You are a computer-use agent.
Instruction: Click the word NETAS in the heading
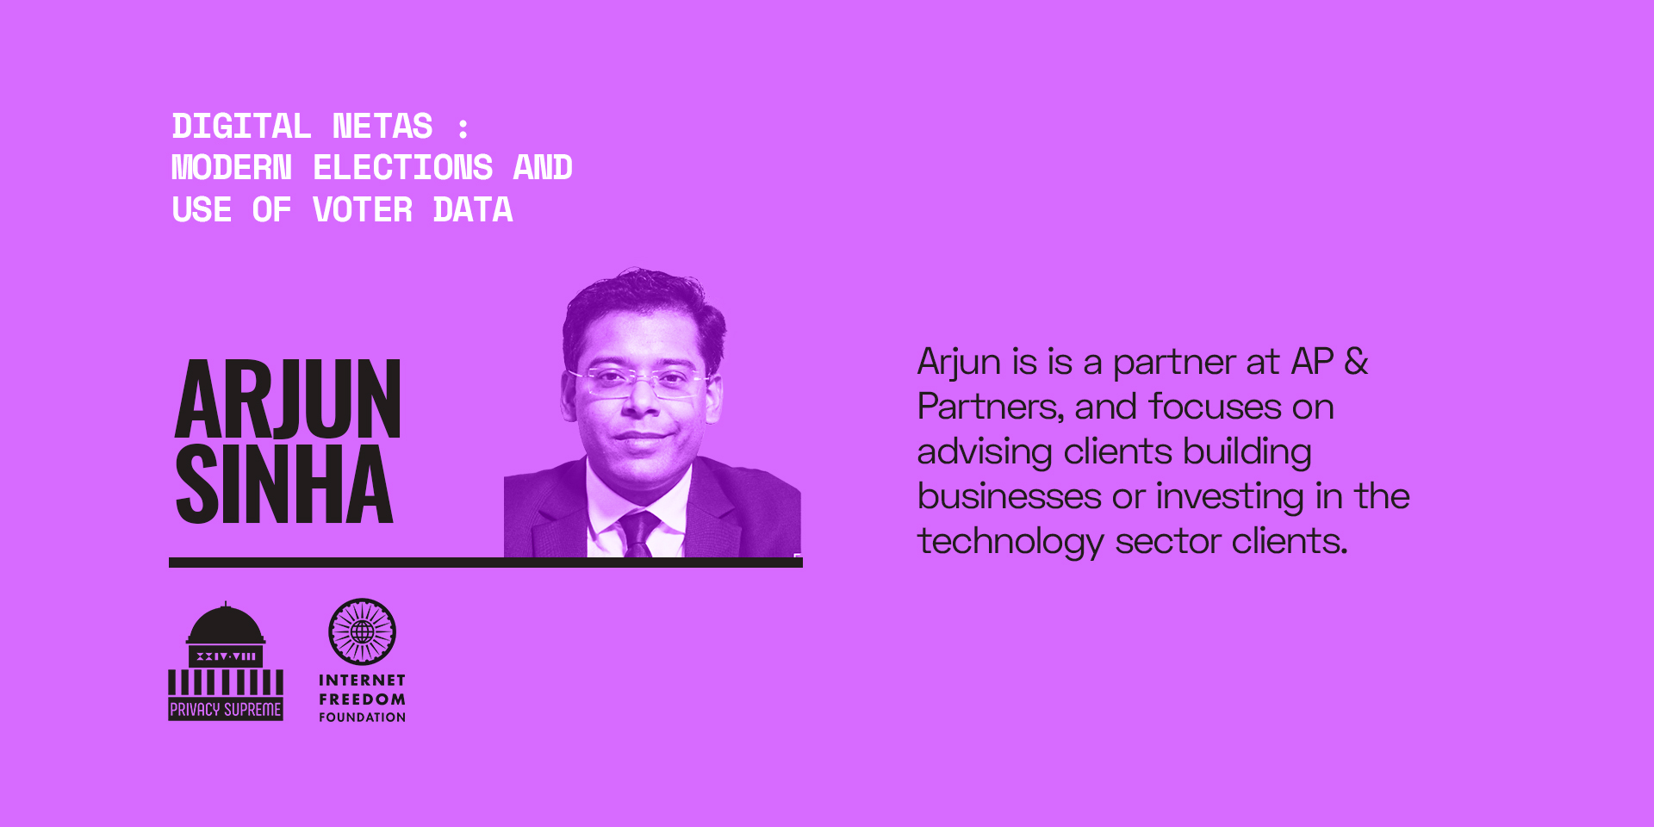click(x=382, y=127)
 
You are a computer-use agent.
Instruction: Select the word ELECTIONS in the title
click(x=403, y=168)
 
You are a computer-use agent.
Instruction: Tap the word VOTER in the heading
click(x=363, y=210)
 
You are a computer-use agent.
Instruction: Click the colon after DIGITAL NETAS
click(x=463, y=128)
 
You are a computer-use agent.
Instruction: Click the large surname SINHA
click(x=284, y=484)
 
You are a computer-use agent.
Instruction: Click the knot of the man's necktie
click(x=639, y=523)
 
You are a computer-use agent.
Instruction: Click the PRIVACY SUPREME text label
click(x=226, y=709)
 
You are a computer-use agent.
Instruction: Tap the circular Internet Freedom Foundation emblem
click(x=362, y=631)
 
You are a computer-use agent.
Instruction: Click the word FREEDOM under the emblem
click(x=362, y=700)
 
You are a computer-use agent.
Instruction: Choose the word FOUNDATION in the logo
click(x=362, y=717)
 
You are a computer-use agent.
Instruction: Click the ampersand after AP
click(x=1356, y=362)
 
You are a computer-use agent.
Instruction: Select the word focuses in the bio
click(x=1215, y=407)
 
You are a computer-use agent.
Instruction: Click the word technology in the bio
click(x=1010, y=542)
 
